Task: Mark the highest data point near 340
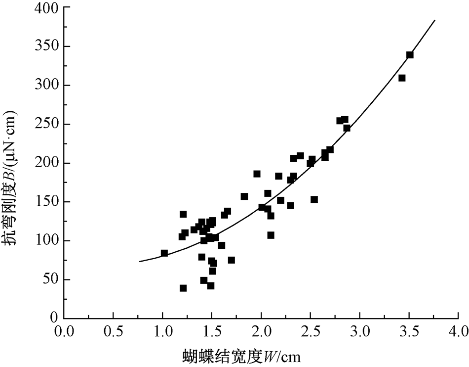(x=410, y=55)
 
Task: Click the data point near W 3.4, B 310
(x=402, y=78)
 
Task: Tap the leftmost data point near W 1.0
(x=164, y=253)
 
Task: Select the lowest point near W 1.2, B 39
(x=183, y=288)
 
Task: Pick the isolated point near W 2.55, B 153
(x=314, y=199)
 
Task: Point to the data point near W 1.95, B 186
(x=257, y=174)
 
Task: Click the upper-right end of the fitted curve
(x=434, y=20)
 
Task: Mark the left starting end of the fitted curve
(x=140, y=261)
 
